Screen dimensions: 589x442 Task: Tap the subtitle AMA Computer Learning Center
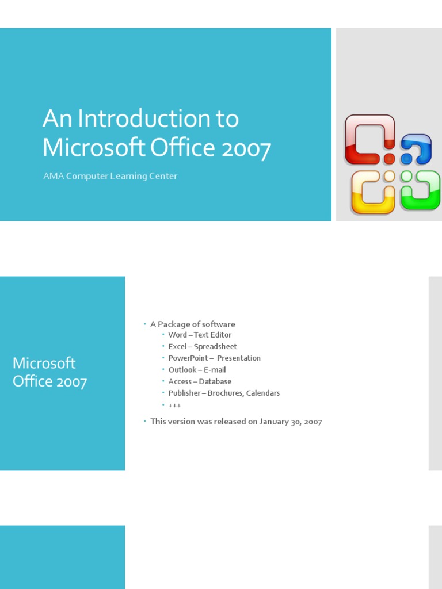coord(110,176)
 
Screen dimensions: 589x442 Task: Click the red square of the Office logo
coord(369,139)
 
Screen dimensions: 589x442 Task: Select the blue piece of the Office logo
coord(416,149)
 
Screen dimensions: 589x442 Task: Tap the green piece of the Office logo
coord(421,190)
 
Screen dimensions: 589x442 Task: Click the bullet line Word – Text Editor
coord(200,335)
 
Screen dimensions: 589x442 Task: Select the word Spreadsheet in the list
coord(215,346)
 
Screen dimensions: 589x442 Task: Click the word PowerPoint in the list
coord(188,358)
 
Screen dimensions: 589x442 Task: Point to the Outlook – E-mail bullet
coord(197,370)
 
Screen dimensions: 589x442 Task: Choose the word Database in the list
coord(215,381)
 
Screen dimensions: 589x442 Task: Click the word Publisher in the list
coord(184,393)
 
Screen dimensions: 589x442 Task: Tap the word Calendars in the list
coord(263,393)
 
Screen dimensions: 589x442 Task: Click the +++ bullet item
coord(174,405)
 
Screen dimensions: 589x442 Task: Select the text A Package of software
coord(193,324)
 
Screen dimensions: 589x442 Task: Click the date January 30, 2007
coord(291,422)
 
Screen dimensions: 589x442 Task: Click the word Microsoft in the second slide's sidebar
coord(44,363)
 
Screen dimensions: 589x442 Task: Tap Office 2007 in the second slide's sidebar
coord(49,381)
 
